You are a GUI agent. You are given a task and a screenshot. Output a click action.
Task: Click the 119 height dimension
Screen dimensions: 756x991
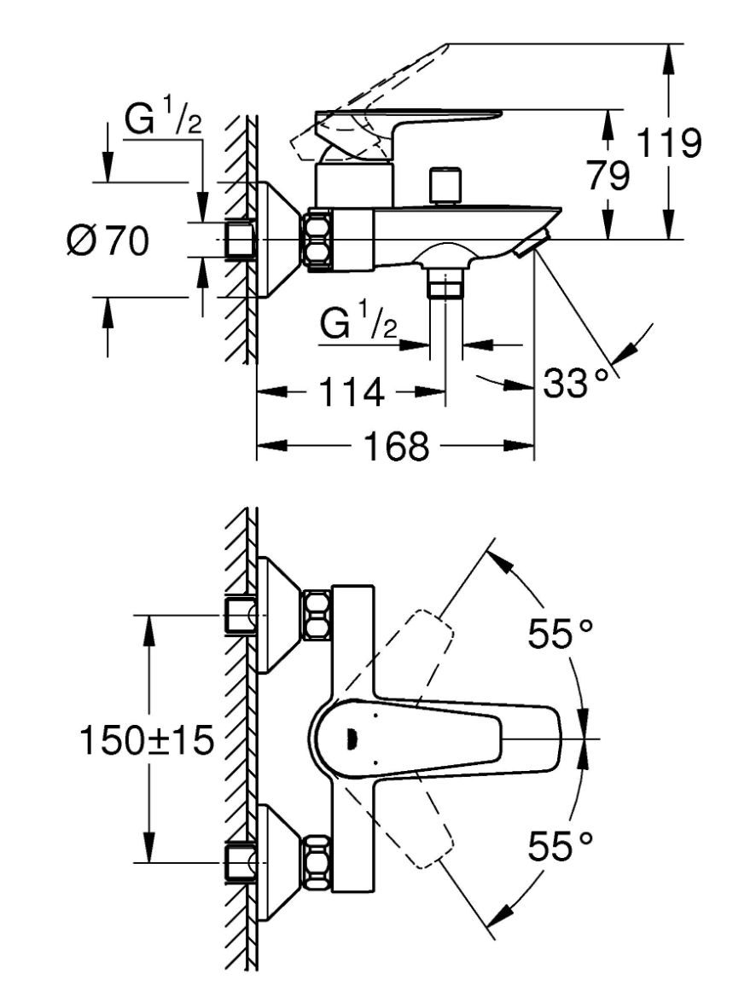coord(669,142)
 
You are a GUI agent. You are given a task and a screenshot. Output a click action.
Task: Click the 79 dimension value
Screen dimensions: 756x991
coord(608,175)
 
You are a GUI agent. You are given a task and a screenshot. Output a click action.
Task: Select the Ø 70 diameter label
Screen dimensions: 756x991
coord(108,241)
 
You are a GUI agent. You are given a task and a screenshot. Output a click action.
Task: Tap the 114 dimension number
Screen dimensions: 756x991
coord(352,392)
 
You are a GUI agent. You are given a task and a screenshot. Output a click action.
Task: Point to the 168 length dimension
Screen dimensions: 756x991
coord(396,445)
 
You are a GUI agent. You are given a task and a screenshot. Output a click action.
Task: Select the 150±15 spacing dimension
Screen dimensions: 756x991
coord(147,740)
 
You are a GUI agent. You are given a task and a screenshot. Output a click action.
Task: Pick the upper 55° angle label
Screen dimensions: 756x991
coord(561,634)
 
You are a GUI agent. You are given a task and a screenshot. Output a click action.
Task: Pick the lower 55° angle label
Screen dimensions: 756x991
coord(561,846)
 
